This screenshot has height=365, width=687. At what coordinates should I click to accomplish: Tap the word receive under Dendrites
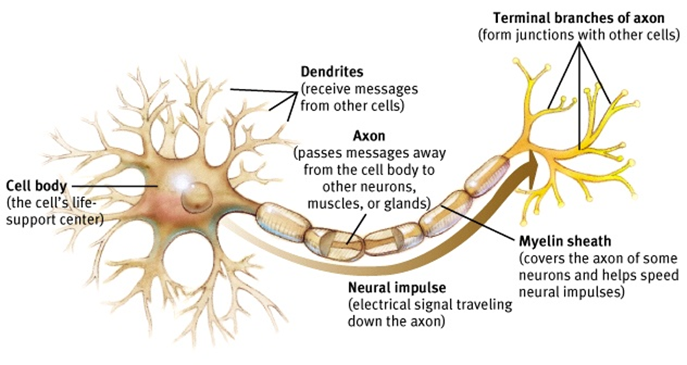[327, 89]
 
